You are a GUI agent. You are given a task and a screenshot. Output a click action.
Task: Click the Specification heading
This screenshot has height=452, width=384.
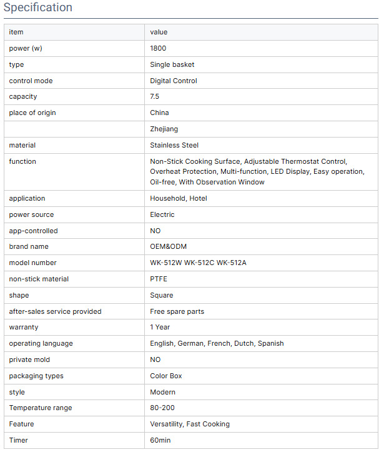pyautogui.click(x=37, y=8)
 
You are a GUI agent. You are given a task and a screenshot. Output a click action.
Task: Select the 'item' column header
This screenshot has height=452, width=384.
pyautogui.click(x=16, y=32)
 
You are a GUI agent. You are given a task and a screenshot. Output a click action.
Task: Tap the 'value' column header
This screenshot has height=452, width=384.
pyautogui.click(x=159, y=32)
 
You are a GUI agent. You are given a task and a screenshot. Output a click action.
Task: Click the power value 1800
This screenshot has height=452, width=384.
pyautogui.click(x=158, y=48)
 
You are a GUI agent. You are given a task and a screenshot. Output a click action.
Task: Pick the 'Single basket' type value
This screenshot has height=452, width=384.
pyautogui.click(x=172, y=64)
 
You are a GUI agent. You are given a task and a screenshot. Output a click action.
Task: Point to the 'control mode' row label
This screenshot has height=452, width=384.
pyautogui.click(x=31, y=81)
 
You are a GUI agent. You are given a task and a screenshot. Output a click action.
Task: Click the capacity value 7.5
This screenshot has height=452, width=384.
pyautogui.click(x=155, y=97)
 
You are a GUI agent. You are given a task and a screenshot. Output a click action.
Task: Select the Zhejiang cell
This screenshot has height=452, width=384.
pyautogui.click(x=164, y=129)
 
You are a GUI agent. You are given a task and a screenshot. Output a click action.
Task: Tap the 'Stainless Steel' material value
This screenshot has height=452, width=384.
pyautogui.click(x=174, y=145)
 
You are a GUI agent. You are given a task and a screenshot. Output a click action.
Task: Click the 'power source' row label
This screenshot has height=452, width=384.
pyautogui.click(x=31, y=214)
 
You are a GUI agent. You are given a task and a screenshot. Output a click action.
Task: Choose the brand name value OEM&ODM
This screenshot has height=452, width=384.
pyautogui.click(x=169, y=246)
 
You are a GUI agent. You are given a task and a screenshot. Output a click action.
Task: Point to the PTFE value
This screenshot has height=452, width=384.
pyautogui.click(x=159, y=279)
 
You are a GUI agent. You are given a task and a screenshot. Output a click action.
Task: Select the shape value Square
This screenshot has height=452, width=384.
pyautogui.click(x=162, y=295)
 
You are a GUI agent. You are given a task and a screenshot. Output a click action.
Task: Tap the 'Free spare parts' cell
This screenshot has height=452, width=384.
pyautogui.click(x=177, y=311)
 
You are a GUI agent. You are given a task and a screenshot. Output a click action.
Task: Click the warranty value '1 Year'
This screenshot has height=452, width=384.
pyautogui.click(x=160, y=327)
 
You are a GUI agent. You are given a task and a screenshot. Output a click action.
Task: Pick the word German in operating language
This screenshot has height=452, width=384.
pyautogui.click(x=190, y=343)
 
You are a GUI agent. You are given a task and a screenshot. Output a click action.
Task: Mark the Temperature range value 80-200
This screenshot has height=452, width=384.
pyautogui.click(x=163, y=408)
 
